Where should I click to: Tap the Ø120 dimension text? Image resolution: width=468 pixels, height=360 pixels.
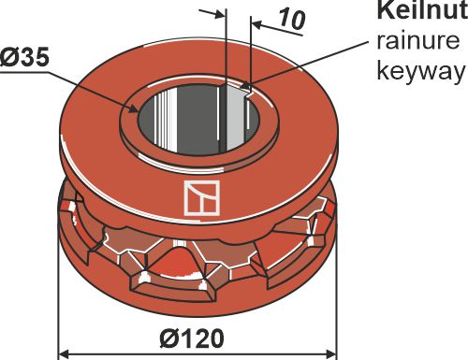pyautogui.click(x=197, y=336)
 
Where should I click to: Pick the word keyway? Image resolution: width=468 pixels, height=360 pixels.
pyautogui.click(x=418, y=71)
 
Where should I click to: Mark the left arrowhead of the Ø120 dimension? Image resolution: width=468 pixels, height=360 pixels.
pyautogui.click(x=64, y=353)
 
